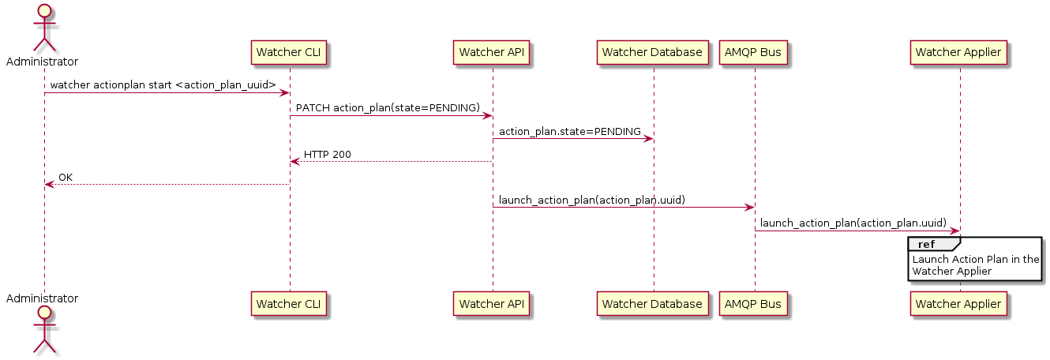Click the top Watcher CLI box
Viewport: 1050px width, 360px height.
(290, 53)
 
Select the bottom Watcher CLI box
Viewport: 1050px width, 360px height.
(290, 304)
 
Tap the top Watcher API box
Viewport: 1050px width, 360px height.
(493, 53)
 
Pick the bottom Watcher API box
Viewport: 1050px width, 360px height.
(493, 304)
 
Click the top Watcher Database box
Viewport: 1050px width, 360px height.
(653, 53)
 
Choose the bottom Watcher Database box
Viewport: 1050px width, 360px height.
(653, 304)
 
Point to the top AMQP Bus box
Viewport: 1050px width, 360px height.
(754, 53)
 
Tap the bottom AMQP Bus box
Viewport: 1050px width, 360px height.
(754, 304)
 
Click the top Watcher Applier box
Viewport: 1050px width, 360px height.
(960, 53)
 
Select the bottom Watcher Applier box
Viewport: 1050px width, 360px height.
(960, 304)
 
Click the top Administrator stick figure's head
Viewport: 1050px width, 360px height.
(44, 12)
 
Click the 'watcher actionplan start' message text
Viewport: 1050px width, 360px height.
(163, 84)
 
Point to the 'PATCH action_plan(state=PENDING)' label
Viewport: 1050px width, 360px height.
(388, 107)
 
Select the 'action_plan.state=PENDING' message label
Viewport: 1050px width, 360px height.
(570, 131)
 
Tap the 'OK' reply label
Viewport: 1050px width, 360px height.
(66, 177)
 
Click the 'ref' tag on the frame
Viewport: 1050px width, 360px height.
(926, 244)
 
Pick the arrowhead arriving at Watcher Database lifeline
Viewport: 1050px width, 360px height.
(649, 139)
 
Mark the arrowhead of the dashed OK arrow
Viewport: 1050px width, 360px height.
(49, 185)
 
